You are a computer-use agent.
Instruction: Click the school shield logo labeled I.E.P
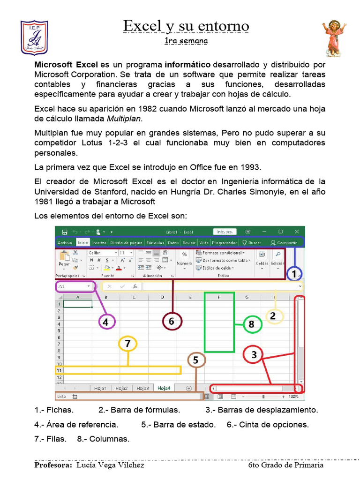coord(34,37)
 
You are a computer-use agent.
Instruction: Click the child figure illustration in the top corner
coord(334,38)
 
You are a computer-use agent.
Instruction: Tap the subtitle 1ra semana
coord(186,41)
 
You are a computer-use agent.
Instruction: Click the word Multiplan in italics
coord(124,118)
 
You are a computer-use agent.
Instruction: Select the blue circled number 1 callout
coord(294,274)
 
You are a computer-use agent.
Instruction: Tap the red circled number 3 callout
coord(254,355)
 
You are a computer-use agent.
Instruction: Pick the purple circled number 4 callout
coord(106,322)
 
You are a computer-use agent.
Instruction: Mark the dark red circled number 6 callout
coord(172,322)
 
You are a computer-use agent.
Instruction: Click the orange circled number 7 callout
coord(127,344)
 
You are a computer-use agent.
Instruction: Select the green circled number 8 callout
coord(252,324)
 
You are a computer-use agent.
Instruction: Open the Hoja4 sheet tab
coord(164,388)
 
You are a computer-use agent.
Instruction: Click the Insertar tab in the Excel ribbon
coord(99,243)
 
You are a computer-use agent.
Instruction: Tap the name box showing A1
coord(74,286)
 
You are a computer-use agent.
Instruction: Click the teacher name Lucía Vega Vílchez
coord(110,465)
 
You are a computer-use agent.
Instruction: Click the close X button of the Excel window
coord(297,232)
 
